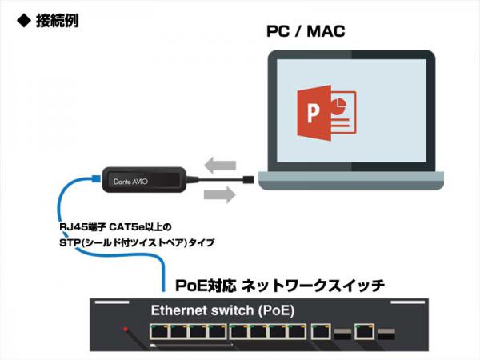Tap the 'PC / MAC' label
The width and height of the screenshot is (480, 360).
(305, 33)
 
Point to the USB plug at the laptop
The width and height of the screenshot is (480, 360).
(250, 178)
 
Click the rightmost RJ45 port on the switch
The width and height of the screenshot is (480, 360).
(365, 330)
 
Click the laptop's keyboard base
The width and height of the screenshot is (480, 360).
(351, 186)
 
